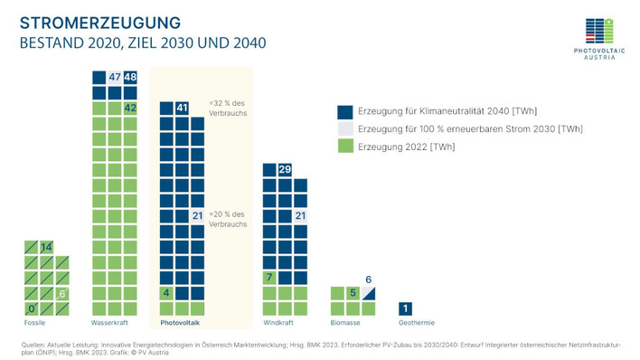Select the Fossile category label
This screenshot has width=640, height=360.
coord(34,322)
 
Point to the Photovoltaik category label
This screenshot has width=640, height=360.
coord(181,322)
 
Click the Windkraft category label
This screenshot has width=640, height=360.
coord(278,322)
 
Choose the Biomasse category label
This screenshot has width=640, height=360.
coord(345,322)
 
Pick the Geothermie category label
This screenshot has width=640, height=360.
coord(417,322)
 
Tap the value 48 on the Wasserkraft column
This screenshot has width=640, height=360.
coord(130,78)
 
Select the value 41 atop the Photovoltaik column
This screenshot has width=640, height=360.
coord(182,109)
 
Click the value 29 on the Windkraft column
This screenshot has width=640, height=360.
coord(285,170)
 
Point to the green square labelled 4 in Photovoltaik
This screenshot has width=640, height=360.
coord(166,293)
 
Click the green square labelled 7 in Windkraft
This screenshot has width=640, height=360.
coord(269,277)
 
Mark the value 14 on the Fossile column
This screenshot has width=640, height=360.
coord(46,247)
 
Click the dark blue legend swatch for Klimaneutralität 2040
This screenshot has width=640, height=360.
coord(344,111)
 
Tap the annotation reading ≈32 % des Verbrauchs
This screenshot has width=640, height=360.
coord(228,108)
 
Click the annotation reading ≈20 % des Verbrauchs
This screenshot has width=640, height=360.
coord(228,218)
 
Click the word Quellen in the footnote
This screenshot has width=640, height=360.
coord(33,345)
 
